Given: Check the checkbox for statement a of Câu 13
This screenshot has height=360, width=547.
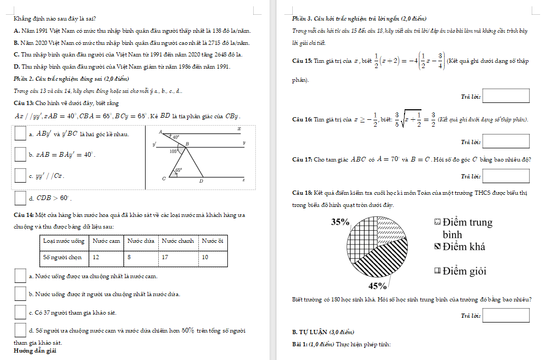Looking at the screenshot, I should pyautogui.click(x=20, y=134).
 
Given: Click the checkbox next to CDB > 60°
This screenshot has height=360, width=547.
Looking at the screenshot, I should pyautogui.click(x=20, y=198).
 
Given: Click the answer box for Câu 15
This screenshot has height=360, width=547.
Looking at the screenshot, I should pyautogui.click(x=505, y=96).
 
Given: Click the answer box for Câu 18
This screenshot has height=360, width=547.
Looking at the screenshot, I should pyautogui.click(x=505, y=315).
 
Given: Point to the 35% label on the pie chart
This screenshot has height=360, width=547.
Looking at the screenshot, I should pyautogui.click(x=340, y=222).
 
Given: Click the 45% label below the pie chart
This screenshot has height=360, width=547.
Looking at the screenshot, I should pyautogui.click(x=378, y=286).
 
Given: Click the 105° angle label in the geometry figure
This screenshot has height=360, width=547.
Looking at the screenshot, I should pyautogui.click(x=174, y=151).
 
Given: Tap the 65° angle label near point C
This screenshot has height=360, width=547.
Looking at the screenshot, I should pyautogui.click(x=179, y=170).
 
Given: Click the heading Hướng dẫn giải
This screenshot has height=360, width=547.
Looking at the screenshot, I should pyautogui.click(x=35, y=351).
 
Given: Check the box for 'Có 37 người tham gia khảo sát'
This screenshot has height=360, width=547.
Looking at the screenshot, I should pyautogui.click(x=20, y=312).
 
